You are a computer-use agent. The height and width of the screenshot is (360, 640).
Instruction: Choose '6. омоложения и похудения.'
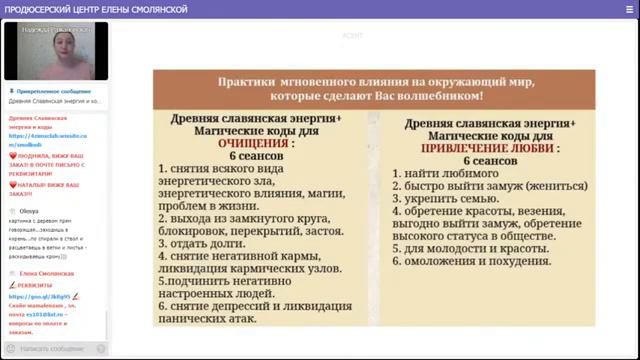pyautogui.click(x=471, y=260)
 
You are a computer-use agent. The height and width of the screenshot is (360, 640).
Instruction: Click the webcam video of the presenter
pyautogui.click(x=54, y=51)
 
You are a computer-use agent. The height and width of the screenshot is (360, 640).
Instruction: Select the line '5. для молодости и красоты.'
pyautogui.click(x=463, y=247)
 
